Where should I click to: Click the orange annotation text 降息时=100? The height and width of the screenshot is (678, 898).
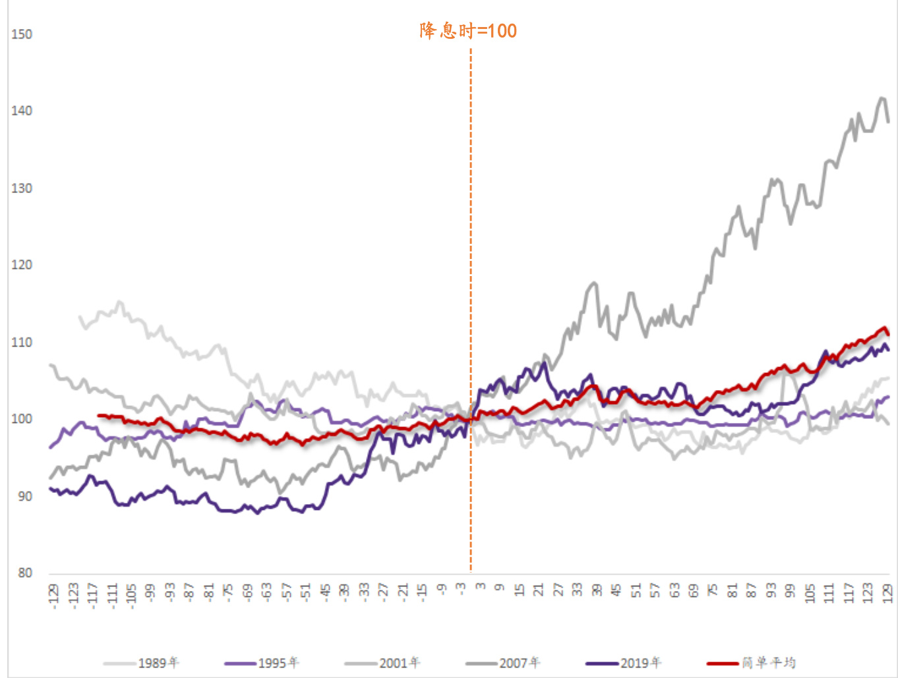[x=468, y=31]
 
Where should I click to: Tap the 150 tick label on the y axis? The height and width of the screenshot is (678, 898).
[x=22, y=34]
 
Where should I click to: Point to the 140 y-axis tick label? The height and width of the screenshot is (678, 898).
[x=22, y=111]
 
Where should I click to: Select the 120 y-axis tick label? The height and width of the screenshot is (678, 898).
[x=22, y=265]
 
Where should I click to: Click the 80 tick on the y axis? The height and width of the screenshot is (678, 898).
[x=25, y=573]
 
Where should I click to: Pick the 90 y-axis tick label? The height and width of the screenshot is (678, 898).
[x=25, y=496]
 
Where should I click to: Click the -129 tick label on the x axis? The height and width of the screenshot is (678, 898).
[x=53, y=596]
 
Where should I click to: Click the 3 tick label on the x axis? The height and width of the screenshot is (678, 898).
[x=481, y=586]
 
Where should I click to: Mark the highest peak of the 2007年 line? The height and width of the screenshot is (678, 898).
[x=882, y=98]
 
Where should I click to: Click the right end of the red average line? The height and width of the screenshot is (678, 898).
[x=888, y=334]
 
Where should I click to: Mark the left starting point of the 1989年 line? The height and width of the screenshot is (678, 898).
[x=80, y=317]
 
